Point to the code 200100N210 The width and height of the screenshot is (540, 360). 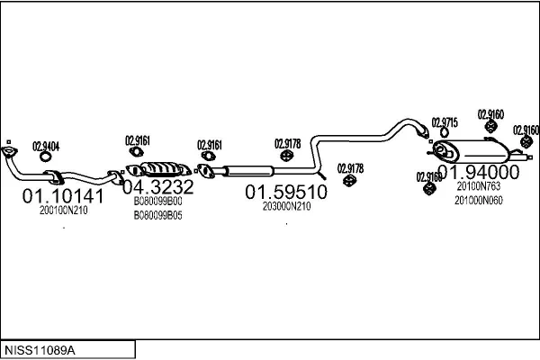(x=63, y=211)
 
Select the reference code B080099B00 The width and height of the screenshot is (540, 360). (x=157, y=202)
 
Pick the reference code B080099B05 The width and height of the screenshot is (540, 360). (x=157, y=216)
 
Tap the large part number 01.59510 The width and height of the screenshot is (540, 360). (x=286, y=192)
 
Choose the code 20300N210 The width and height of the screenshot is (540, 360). (x=286, y=206)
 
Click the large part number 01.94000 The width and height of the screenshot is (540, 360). (x=478, y=173)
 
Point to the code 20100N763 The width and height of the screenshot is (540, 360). (x=478, y=186)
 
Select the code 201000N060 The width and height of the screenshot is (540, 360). (x=478, y=200)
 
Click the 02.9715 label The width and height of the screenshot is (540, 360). (x=445, y=121)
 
